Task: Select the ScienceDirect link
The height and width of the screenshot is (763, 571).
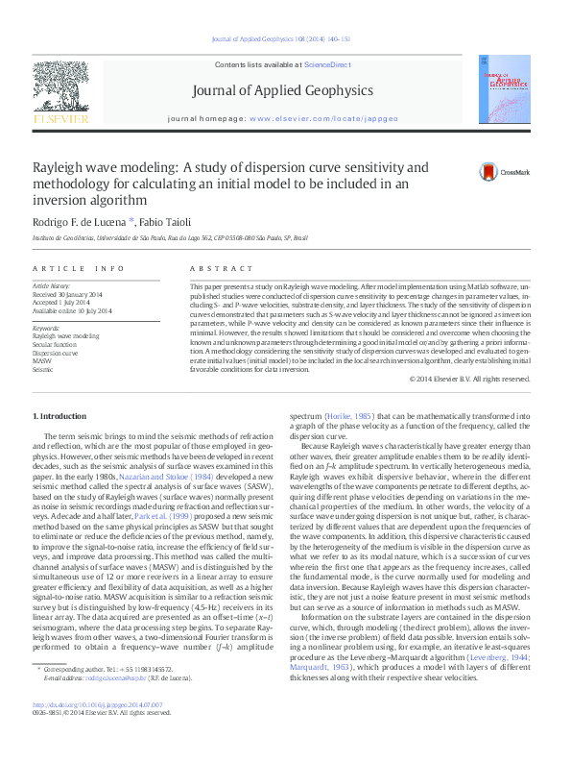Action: coord(327,64)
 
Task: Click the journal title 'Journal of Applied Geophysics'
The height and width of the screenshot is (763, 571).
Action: coord(283,91)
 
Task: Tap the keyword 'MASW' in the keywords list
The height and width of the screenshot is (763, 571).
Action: coord(44,360)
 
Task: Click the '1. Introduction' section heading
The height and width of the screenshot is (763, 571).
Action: coord(59,416)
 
